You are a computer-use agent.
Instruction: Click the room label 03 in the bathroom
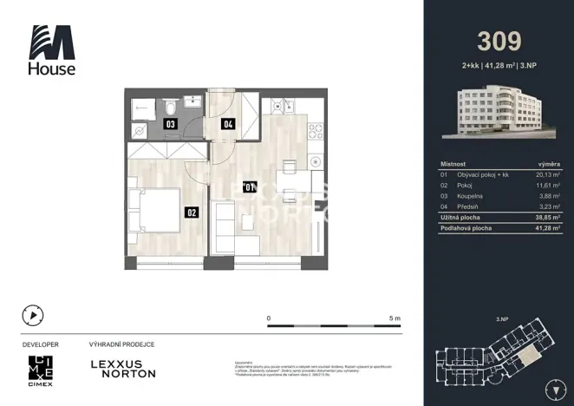coord(172,124)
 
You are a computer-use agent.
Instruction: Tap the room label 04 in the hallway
coord(228,124)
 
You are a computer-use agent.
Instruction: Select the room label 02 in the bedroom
coord(190,210)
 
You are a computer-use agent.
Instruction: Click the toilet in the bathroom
coord(172,106)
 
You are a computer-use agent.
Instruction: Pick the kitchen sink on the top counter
coord(281,107)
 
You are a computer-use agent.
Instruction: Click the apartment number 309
coord(499,41)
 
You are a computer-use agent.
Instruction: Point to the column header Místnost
coord(453,162)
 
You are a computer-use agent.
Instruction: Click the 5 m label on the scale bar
coord(395,318)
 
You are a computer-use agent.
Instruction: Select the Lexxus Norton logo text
coord(123,368)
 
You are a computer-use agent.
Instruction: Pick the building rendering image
coord(498,112)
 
